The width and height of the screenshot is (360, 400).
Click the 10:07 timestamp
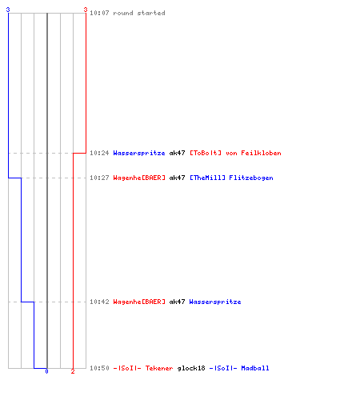pos(99,13)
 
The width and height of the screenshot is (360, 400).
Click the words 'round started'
pos(139,13)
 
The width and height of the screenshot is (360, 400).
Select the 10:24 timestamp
pos(99,153)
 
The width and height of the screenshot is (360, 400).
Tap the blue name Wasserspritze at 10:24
pos(139,153)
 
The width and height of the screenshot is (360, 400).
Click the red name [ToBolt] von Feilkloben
pos(235,153)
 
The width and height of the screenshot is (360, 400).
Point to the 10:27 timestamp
pos(99,178)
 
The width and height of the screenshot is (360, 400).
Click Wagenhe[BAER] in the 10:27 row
pos(139,178)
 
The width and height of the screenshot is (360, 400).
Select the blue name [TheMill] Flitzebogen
pos(231,178)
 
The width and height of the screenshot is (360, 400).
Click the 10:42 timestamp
pos(99,302)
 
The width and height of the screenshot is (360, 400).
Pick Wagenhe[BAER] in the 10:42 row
pos(139,302)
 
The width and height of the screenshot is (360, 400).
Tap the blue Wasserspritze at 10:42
pos(215,302)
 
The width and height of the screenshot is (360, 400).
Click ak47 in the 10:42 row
pos(177,302)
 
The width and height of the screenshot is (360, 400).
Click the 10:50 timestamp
pos(99,368)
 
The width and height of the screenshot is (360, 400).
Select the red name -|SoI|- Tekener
pos(143,368)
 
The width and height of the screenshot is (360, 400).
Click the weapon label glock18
pos(191,368)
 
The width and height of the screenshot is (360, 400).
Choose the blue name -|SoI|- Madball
pos(239,368)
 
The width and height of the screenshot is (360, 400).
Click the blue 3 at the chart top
pos(8,10)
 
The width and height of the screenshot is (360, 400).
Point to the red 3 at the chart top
pos(86,10)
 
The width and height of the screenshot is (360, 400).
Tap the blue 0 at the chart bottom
pos(46,371)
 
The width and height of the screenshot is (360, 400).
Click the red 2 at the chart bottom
pos(73,371)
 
